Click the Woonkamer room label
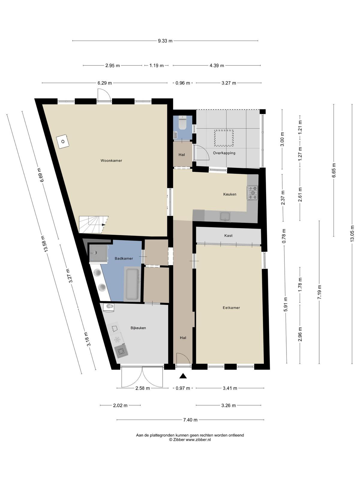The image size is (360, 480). (111, 160)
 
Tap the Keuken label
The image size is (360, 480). (229, 194)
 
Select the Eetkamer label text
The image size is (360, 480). (231, 308)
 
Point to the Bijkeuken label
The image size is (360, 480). (138, 328)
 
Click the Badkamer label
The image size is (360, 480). (124, 259)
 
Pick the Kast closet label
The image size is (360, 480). (228, 235)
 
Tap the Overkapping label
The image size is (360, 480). (224, 153)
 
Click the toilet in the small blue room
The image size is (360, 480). (182, 123)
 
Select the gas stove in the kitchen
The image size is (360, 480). (253, 193)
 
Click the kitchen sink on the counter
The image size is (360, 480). (225, 217)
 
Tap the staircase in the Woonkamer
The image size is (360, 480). (93, 225)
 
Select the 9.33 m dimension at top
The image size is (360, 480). (165, 41)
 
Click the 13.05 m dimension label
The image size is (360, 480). (352, 234)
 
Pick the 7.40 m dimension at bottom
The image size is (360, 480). (190, 420)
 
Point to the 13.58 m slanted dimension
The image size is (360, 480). (44, 244)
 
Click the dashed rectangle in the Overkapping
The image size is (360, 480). (224, 138)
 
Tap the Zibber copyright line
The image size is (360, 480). (190, 440)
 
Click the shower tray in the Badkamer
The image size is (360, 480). (99, 253)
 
